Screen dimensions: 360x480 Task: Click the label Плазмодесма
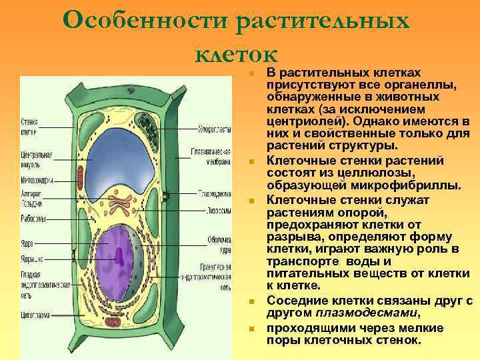click(214, 195)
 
